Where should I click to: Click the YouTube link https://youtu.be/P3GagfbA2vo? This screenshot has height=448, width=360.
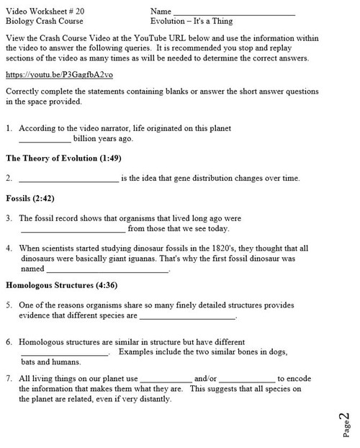(59, 75)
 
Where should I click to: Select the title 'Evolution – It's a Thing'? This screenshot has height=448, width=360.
(191, 22)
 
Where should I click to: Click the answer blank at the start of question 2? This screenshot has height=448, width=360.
(68, 179)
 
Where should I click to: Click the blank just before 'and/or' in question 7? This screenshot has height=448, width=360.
(166, 378)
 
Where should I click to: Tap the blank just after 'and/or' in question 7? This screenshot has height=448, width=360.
(246, 378)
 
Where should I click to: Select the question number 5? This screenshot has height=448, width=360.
(9, 305)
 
